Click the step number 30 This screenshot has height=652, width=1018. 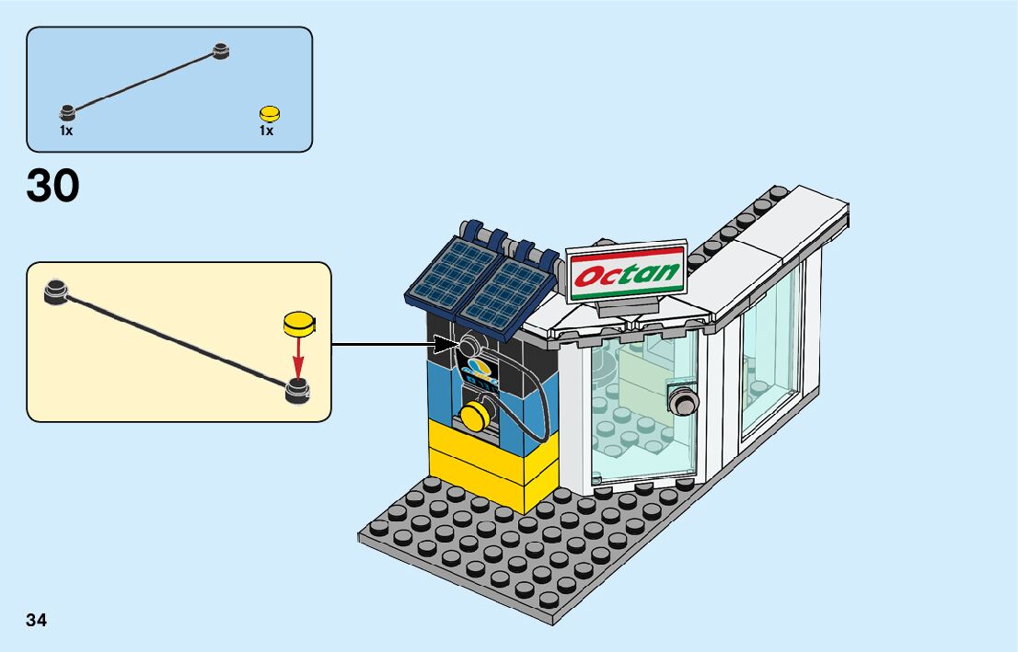tap(53, 187)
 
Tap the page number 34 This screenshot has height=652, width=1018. tap(37, 620)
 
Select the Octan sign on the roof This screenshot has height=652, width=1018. tap(626, 272)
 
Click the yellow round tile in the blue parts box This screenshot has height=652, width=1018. tap(269, 114)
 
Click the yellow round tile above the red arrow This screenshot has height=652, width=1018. tap(298, 323)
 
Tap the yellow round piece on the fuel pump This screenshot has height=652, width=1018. tap(476, 416)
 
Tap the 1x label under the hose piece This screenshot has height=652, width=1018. tap(66, 132)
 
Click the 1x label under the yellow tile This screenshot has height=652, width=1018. tap(266, 132)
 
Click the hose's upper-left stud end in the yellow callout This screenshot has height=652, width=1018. tap(56, 291)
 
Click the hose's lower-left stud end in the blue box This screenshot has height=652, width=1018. tap(67, 113)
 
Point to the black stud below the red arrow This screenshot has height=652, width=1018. tap(297, 390)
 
